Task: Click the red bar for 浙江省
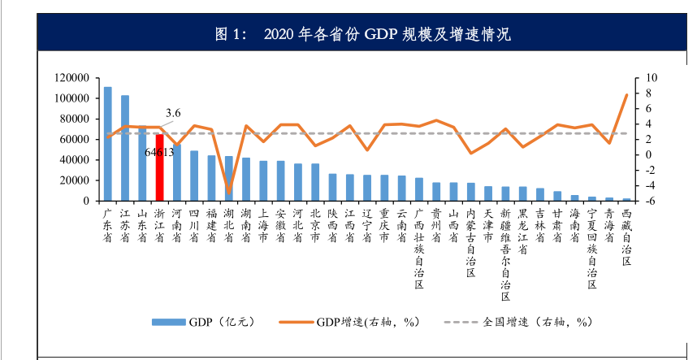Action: [x=159, y=167]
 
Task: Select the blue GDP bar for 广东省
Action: [x=107, y=143]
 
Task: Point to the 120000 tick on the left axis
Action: [x=72, y=78]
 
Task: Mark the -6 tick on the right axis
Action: [x=649, y=201]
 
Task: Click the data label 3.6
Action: [x=172, y=113]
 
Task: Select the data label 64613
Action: [x=160, y=151]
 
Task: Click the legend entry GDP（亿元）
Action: [x=203, y=322]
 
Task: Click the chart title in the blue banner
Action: [x=350, y=35]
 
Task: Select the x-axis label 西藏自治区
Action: [x=626, y=232]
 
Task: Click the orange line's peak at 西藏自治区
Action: [x=626, y=95]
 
